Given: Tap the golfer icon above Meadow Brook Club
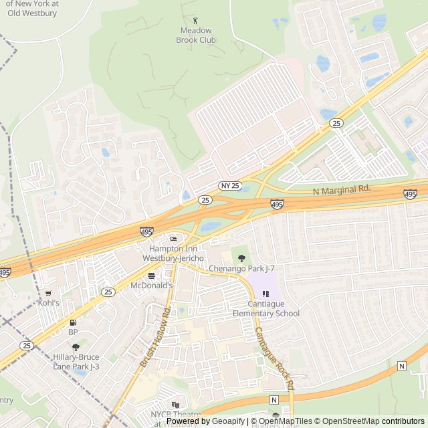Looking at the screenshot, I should pos(195,20).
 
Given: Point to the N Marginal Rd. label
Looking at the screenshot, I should pos(342,190).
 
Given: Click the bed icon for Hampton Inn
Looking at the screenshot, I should pos(174,239).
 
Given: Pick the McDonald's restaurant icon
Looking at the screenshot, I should pos(151,275).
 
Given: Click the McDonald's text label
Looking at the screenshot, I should pos(151,286).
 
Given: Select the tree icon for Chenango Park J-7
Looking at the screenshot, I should pos(242,258).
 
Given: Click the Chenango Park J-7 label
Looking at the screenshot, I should pos(242,268).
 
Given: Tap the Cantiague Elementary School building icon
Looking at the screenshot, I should pos(266,293).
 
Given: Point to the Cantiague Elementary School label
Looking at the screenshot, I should pos(266,308).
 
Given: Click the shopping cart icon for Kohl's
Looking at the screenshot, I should pos(48,293).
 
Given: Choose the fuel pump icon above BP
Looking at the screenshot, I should pos(73,322).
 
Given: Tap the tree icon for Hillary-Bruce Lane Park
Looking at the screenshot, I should pos(76,347).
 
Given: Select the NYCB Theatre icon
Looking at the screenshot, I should pos(176,405).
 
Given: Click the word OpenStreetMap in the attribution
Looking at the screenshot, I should pos(347,421).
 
